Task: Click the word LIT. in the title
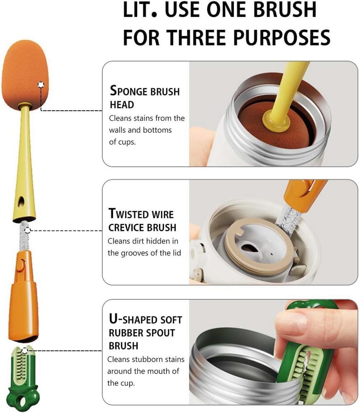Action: [x=140, y=10]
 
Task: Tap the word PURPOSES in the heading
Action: [x=282, y=37]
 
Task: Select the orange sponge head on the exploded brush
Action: [x=25, y=73]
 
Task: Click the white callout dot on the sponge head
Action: [x=41, y=85]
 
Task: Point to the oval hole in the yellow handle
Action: [x=21, y=202]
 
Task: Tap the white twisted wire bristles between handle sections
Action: [x=24, y=236]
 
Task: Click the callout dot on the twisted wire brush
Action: [x=27, y=231]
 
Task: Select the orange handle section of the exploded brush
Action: [x=24, y=296]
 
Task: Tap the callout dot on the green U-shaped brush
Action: [x=25, y=350]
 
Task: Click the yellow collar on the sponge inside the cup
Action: [x=275, y=121]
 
